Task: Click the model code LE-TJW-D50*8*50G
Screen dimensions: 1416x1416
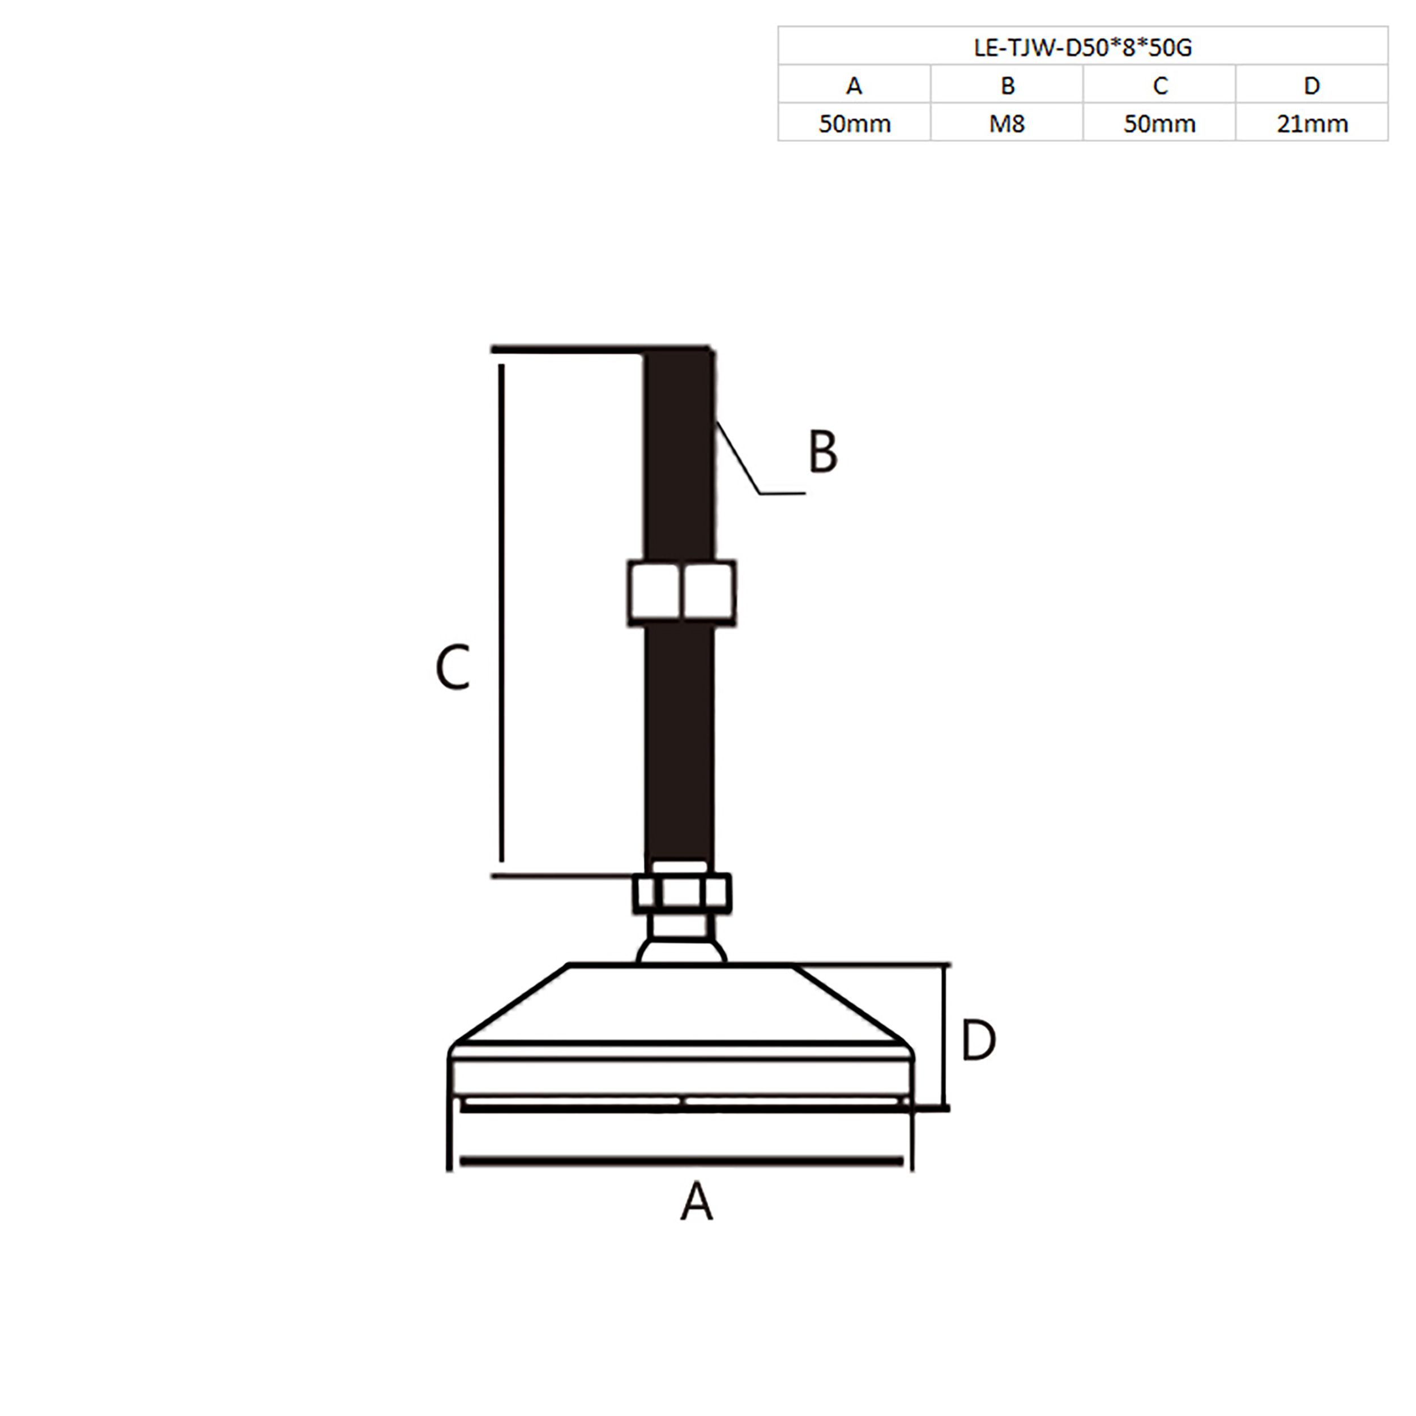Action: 1082,48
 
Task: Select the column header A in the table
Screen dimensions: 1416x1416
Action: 854,86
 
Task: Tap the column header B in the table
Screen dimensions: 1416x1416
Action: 1007,86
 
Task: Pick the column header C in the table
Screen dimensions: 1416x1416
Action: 1159,86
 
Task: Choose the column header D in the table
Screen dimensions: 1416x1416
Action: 1312,86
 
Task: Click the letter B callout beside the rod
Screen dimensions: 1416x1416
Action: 822,451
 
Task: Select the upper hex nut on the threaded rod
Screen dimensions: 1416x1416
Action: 681,593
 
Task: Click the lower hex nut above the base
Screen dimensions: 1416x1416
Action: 681,893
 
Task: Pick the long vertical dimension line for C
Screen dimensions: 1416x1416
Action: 501,612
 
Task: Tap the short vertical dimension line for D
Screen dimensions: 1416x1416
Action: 945,1037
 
